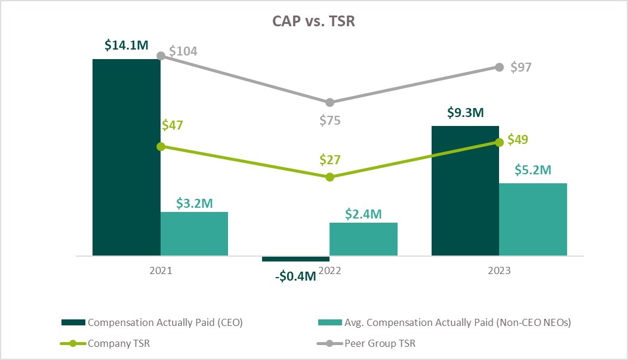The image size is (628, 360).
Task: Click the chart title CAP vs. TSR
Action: click(x=313, y=21)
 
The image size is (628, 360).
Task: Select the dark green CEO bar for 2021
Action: click(x=127, y=157)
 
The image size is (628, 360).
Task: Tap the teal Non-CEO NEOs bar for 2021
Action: click(x=194, y=233)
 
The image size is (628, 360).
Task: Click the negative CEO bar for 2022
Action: click(x=296, y=259)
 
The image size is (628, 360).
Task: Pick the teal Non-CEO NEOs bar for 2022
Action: click(x=364, y=239)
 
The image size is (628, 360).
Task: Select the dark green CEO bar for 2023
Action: click(x=465, y=190)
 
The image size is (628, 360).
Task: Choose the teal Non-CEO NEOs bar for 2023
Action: click(x=533, y=219)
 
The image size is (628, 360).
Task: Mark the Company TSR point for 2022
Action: click(x=330, y=177)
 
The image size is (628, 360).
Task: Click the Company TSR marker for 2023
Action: click(x=499, y=142)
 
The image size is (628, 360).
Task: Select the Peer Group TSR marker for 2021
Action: click(x=160, y=56)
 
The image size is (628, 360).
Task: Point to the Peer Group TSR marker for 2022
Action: click(x=330, y=103)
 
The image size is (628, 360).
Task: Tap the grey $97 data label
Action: click(x=521, y=67)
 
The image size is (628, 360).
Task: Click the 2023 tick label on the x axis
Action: click(x=499, y=270)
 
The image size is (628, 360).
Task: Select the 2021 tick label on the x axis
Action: click(x=161, y=270)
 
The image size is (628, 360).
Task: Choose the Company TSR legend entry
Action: click(x=113, y=344)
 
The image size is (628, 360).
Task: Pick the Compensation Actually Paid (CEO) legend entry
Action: click(x=152, y=322)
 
